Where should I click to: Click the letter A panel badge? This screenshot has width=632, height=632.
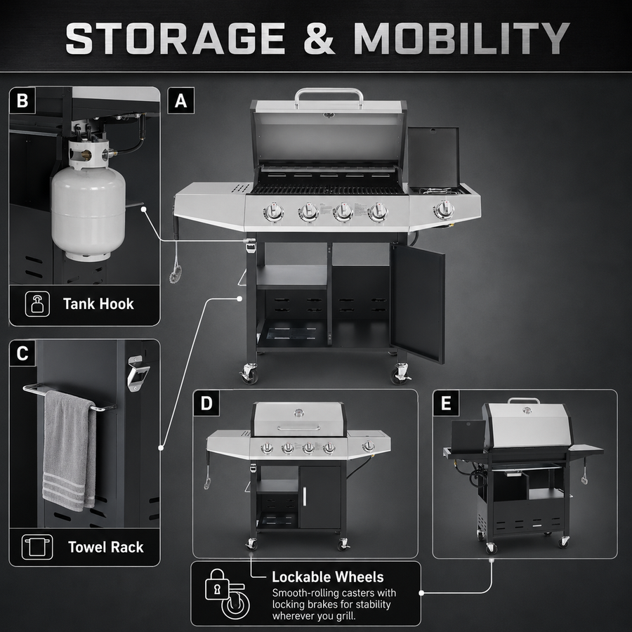pos(181,100)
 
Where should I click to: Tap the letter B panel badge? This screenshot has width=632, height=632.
pos(22,100)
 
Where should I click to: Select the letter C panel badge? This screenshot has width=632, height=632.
pos(22,353)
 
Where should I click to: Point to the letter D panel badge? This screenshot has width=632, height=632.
pos(206,403)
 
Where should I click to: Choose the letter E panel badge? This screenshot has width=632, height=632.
pos(446,403)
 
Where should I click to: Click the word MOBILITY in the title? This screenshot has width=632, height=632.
pos(461,39)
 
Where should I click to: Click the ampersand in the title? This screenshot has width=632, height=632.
pos(320,39)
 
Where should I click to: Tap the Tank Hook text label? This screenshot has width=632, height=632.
pos(98,304)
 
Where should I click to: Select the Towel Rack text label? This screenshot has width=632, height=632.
pos(105,547)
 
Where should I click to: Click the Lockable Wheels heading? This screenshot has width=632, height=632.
pos(328,577)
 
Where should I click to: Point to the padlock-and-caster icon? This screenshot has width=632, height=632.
pos(227,593)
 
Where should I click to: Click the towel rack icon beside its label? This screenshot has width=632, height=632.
pos(37,547)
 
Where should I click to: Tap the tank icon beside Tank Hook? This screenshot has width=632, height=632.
pos(37,304)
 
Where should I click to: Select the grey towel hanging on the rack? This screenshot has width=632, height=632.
pos(70,451)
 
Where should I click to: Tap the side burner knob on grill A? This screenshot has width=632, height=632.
pos(445,209)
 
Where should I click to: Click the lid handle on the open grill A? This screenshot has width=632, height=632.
pos(329,97)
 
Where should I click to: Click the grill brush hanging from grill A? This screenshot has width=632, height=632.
pos(176,262)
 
